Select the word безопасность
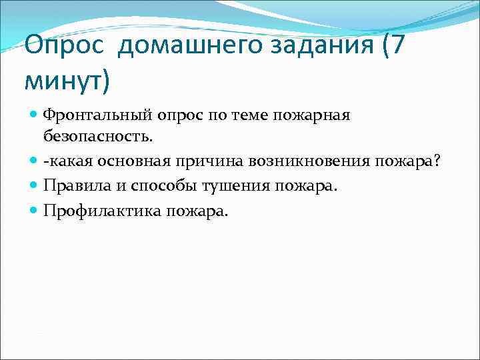click(x=98, y=137)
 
